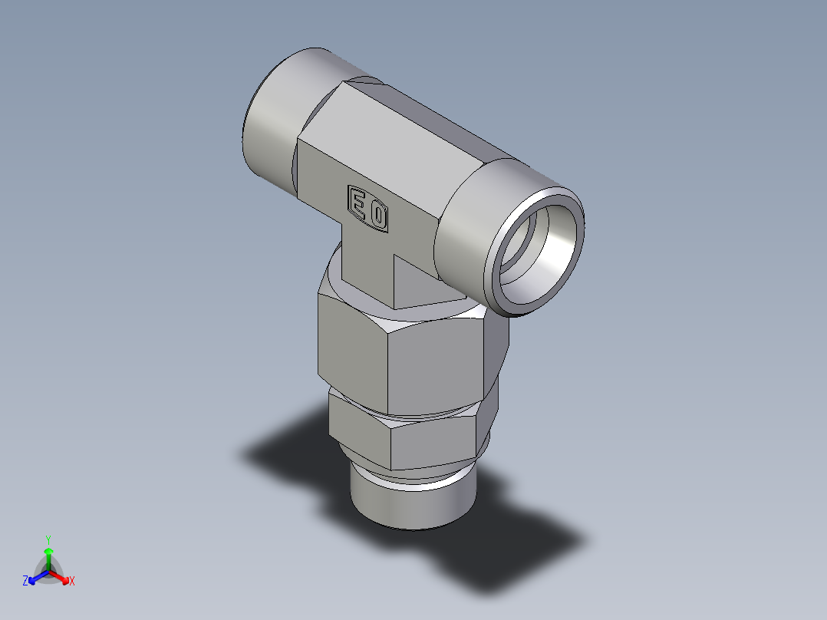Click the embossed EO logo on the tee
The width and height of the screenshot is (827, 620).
(368, 208)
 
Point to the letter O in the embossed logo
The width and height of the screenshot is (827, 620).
(378, 215)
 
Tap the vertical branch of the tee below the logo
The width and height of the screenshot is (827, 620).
(368, 265)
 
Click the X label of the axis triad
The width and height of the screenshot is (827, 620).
(71, 582)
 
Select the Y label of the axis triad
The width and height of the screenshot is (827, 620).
(48, 539)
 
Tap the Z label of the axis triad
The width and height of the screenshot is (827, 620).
(25, 581)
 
